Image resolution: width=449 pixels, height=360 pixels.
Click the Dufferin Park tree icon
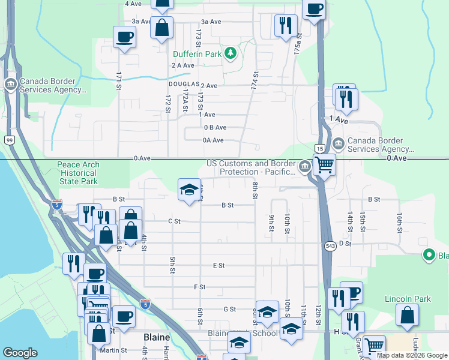(230, 54)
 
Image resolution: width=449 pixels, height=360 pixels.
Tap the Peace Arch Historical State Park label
(79, 173)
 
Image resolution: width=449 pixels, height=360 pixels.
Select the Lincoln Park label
(408, 298)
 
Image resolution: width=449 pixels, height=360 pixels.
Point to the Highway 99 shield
(10, 140)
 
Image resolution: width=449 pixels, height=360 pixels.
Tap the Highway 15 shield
(319, 148)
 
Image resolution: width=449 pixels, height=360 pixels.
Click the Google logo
(20, 353)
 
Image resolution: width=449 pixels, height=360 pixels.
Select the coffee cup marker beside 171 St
(124, 37)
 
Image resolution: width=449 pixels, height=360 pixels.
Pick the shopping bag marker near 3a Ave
(161, 27)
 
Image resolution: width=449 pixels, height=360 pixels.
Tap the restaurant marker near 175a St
(286, 25)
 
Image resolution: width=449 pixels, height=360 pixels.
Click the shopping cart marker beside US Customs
(324, 164)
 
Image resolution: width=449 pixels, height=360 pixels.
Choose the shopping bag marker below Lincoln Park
(407, 314)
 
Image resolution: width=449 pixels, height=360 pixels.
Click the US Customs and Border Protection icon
(306, 166)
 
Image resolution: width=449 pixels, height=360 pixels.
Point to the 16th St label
(399, 221)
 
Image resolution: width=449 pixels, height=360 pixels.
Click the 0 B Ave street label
(215, 127)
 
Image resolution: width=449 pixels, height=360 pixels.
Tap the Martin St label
(115, 350)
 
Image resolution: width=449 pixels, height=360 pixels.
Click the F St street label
(200, 287)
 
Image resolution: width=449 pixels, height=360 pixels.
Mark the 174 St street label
(255, 79)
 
